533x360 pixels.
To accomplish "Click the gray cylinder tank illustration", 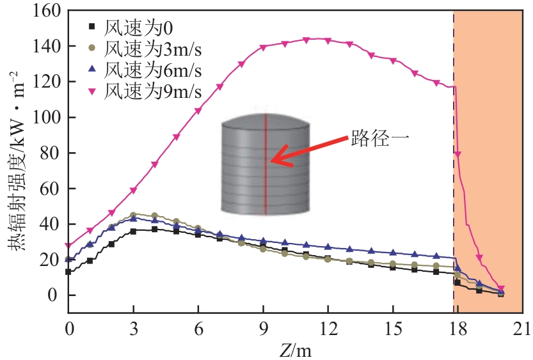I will (265, 164).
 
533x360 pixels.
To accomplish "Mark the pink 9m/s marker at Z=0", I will (68, 246).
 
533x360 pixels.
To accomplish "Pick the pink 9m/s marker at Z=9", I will (263, 48).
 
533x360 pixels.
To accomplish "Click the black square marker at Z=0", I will (68, 272).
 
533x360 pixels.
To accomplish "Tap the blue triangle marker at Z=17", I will (436, 256).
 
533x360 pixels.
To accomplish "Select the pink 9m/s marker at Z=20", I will (501, 289).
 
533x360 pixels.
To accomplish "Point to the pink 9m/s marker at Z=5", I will (176, 137).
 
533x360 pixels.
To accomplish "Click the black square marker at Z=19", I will (479, 290).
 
